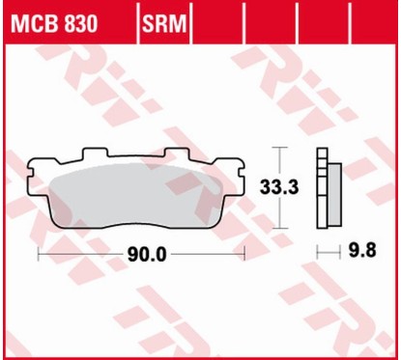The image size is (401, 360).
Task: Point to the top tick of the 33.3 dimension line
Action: [279, 148]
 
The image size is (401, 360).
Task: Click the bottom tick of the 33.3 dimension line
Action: [279, 229]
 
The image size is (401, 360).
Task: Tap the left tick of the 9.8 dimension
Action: [319, 253]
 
